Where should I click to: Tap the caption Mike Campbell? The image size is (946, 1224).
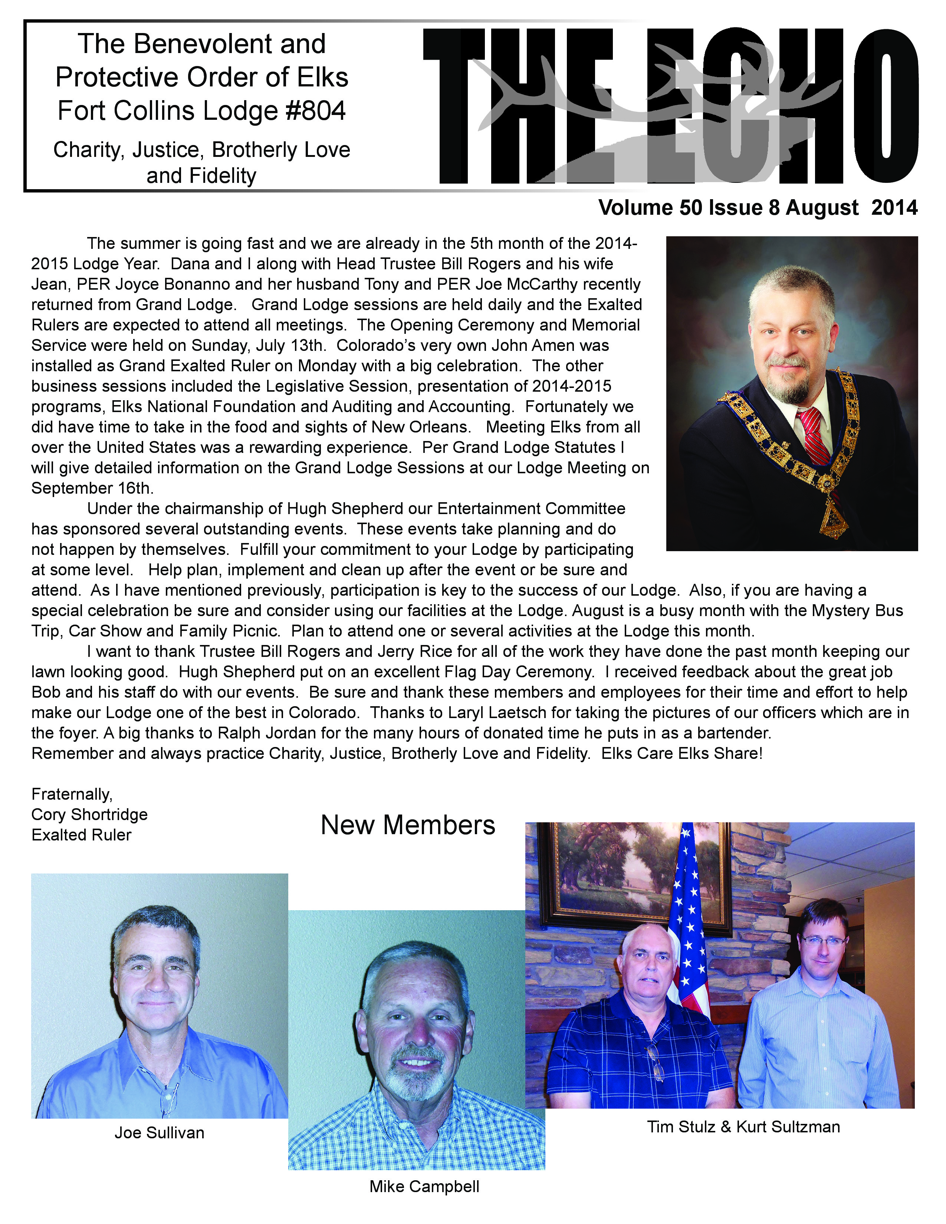click(x=424, y=1187)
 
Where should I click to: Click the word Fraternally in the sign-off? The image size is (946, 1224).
click(x=72, y=794)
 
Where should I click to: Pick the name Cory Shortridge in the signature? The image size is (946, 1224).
click(x=89, y=814)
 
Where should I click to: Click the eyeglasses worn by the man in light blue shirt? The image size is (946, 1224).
click(x=823, y=940)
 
